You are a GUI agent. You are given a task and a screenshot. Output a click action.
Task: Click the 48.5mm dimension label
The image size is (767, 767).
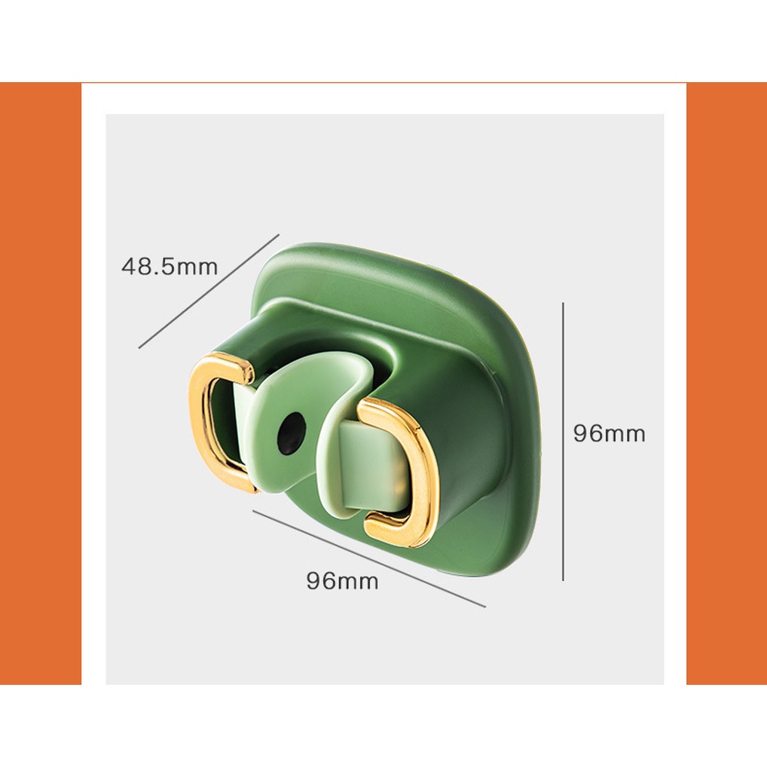(170, 267)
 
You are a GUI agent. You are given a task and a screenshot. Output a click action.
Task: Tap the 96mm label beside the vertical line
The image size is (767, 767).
(609, 434)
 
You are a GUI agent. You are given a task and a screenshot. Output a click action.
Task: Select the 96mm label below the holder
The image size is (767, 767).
(342, 581)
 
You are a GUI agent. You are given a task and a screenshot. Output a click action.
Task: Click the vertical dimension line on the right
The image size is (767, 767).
(563, 442)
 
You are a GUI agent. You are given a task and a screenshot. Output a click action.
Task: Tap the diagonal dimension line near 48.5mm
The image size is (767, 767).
(209, 291)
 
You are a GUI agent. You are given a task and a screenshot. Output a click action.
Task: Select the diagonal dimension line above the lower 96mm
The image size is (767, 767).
(369, 558)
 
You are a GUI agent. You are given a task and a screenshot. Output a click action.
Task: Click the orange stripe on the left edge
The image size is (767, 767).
(41, 383)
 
